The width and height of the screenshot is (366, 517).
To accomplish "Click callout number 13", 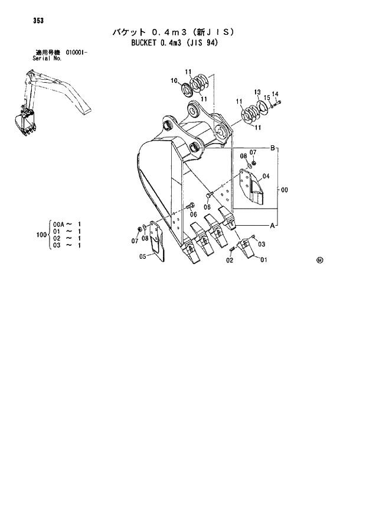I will click(x=257, y=92).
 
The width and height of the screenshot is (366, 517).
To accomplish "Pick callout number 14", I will click(x=275, y=94).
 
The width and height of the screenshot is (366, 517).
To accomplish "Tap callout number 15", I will click(x=267, y=97).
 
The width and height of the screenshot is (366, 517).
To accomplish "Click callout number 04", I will click(x=266, y=176).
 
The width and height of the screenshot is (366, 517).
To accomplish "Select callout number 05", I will click(x=142, y=256).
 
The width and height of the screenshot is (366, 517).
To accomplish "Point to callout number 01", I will click(x=263, y=260).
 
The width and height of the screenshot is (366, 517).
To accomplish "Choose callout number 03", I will click(x=262, y=244).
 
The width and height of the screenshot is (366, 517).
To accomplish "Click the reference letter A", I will click(x=273, y=226).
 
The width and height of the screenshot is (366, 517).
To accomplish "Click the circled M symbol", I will click(x=319, y=259).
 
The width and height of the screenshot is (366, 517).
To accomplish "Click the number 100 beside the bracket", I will click(x=41, y=235).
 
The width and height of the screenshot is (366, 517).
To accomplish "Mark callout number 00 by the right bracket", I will click(x=285, y=190).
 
